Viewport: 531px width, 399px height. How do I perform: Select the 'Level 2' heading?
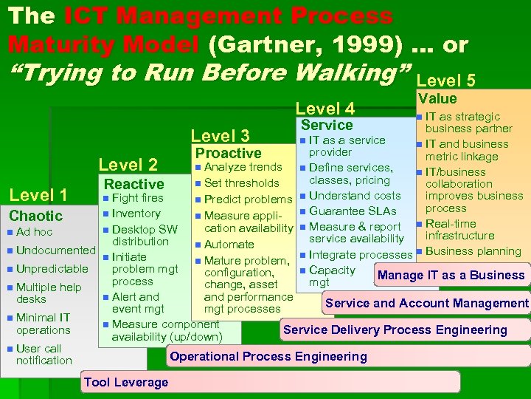pyautogui.click(x=128, y=165)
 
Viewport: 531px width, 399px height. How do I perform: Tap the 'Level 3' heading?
pyautogui.click(x=221, y=135)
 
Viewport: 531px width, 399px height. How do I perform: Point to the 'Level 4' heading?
pyautogui.click(x=325, y=109)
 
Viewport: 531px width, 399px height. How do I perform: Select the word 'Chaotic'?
pyautogui.click(x=35, y=216)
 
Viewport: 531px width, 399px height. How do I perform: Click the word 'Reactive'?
pyautogui.click(x=134, y=184)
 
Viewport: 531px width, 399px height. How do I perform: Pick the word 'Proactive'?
pyautogui.click(x=227, y=153)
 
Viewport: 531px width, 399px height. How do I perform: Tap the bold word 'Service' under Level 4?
pyautogui.click(x=327, y=125)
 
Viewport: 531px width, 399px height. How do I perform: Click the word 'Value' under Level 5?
pyautogui.click(x=437, y=98)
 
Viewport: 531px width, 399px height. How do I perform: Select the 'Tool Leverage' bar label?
pyautogui.click(x=126, y=382)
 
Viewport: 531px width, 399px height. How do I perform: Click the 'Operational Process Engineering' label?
pyautogui.click(x=268, y=357)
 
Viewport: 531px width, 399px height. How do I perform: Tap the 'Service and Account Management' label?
pyautogui.click(x=426, y=303)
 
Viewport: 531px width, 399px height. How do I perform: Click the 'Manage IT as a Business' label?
pyautogui.click(x=451, y=276)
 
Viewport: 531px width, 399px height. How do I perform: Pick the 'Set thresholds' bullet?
pyautogui.click(x=241, y=183)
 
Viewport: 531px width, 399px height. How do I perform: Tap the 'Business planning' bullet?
pyautogui.click(x=473, y=251)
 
